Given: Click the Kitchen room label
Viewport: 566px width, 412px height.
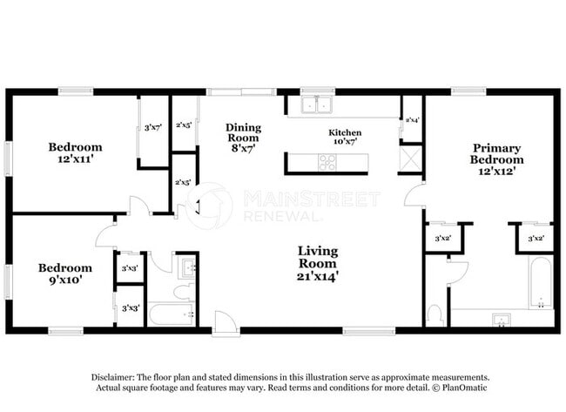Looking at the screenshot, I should pos(345,137).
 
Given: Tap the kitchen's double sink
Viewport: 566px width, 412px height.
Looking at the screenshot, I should pos(316,105).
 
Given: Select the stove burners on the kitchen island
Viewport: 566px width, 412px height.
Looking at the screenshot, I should pos(327,162).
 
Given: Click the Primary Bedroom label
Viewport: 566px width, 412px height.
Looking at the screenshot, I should pos(496,159).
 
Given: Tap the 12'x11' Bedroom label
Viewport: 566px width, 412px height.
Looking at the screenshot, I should pos(75,152).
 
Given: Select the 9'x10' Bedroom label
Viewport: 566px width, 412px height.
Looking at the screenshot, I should pos(64,274).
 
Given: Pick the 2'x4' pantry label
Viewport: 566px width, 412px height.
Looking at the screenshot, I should pos(411,119).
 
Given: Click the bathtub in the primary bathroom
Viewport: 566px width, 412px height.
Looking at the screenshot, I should pos(541,283).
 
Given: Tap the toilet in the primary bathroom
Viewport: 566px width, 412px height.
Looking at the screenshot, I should pos(435,313).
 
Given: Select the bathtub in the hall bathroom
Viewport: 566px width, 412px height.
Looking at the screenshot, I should pos(170,313).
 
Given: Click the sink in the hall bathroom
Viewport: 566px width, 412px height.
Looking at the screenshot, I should pos(186,267).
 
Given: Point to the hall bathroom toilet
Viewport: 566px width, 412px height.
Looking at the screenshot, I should pos(184,291).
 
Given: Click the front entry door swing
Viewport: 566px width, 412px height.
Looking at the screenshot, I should pos(225,321).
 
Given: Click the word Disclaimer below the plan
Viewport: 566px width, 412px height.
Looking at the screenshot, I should pos(114,376).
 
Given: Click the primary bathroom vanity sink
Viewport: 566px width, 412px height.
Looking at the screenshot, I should pos(501,320).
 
